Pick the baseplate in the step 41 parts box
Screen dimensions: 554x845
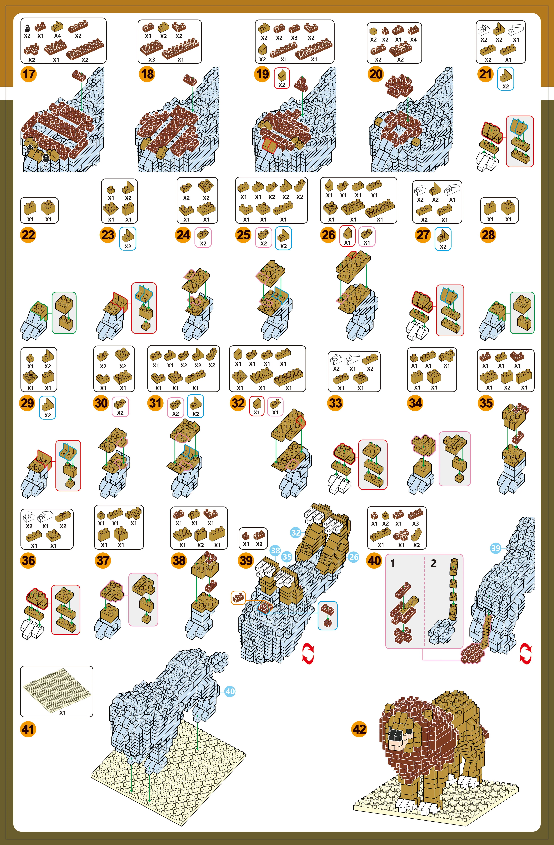pos(57,688)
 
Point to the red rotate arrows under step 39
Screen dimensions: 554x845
pos(308,654)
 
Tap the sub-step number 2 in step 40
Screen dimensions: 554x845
pos(433,563)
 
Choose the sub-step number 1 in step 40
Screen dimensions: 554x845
pos(392,563)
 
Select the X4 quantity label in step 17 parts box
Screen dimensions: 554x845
pos(58,36)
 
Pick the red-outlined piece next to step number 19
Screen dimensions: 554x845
pos(282,78)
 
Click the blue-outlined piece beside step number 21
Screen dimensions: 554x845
pos(505,78)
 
